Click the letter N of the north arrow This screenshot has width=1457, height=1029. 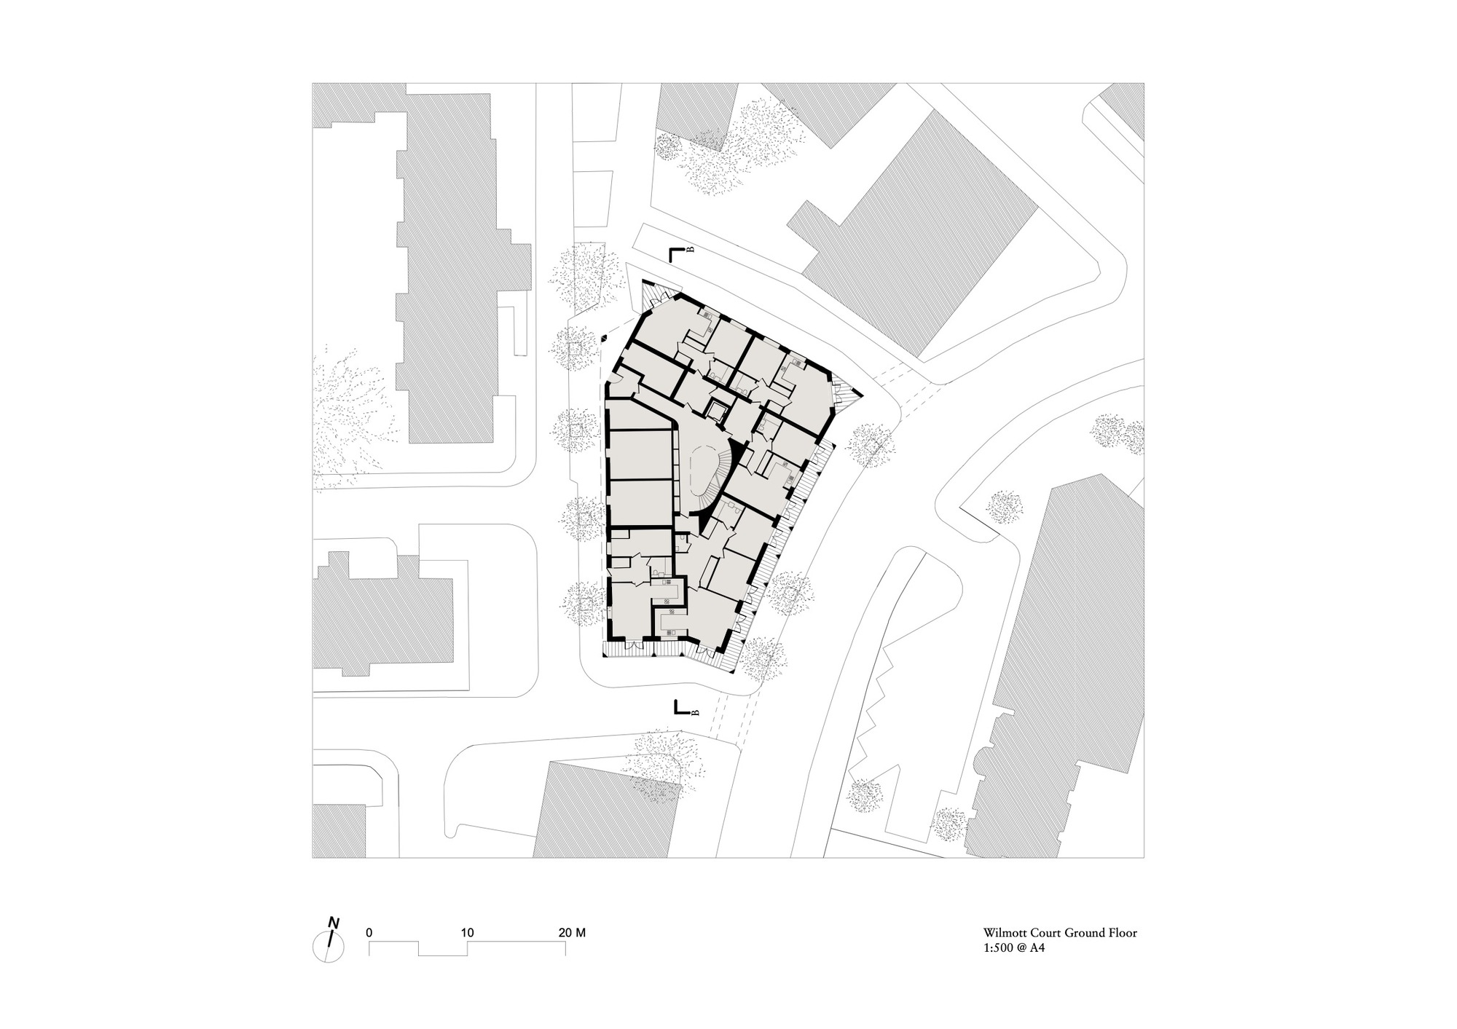(x=334, y=923)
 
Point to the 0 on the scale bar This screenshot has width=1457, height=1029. (x=370, y=932)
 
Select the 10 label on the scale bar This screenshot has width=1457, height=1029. (x=468, y=932)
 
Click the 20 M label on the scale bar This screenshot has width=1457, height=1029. (x=571, y=932)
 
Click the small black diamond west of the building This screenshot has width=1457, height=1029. (x=605, y=339)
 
